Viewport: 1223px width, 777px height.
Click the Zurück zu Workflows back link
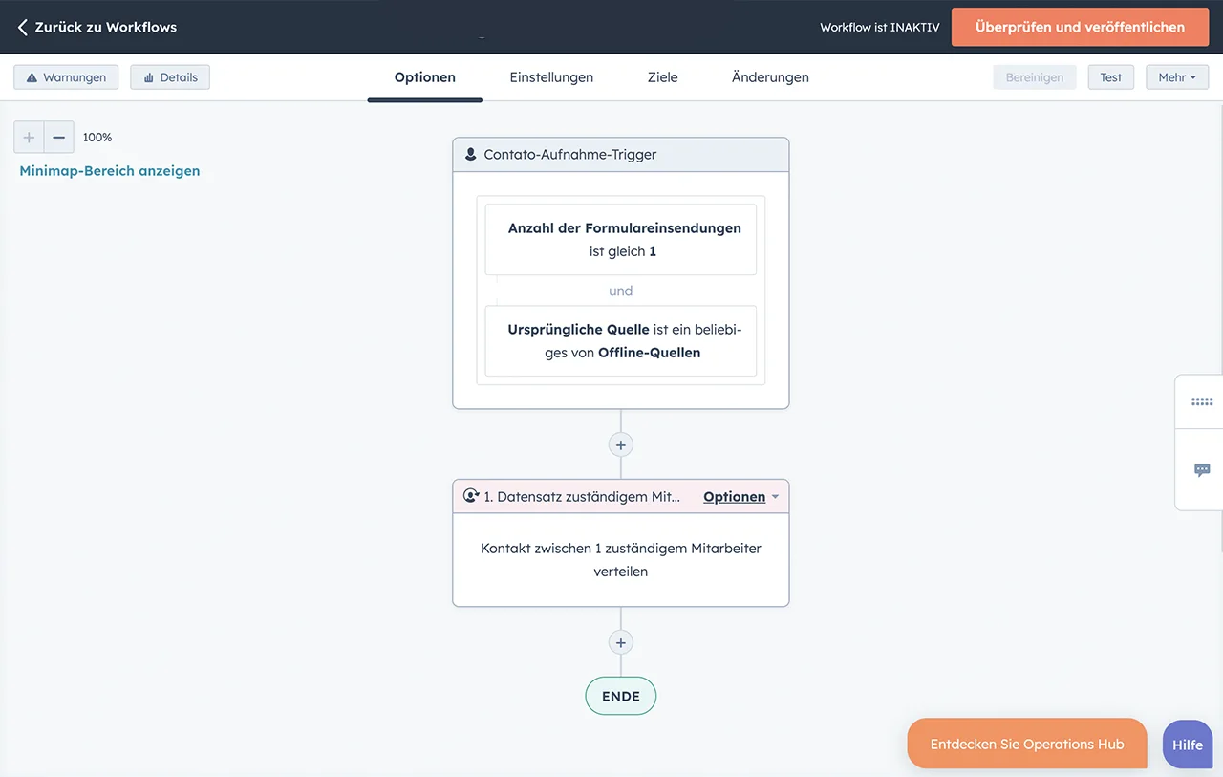[x=97, y=27]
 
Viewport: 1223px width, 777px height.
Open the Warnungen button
[x=66, y=77]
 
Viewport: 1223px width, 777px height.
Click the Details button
[x=170, y=77]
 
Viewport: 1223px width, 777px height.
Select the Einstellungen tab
[x=551, y=77]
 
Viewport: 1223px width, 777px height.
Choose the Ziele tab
[x=662, y=77]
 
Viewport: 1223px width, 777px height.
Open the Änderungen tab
[x=770, y=77]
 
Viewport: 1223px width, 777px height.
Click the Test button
[x=1110, y=77]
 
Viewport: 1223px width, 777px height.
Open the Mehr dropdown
[x=1177, y=77]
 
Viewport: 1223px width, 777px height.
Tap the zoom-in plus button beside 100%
[x=29, y=137]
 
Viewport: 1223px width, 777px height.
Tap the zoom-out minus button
[x=59, y=137]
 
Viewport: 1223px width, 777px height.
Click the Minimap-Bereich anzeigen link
[x=110, y=170]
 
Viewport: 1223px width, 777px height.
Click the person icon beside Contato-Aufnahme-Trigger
[x=470, y=154]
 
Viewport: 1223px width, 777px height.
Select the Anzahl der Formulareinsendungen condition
[x=621, y=239]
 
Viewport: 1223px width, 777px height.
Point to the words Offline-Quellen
[x=649, y=353]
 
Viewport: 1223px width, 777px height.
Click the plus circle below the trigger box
[x=621, y=445]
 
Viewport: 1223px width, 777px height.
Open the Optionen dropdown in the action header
[x=740, y=496]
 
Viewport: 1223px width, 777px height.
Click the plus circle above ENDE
[x=621, y=642]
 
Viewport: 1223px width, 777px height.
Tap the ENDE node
[x=621, y=696]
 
